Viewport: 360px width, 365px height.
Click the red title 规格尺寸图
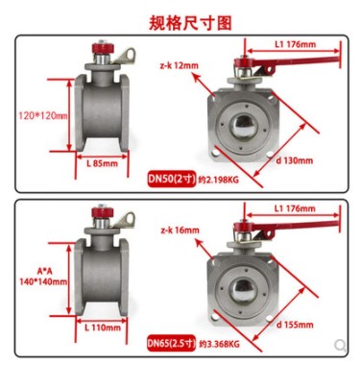coord(190,23)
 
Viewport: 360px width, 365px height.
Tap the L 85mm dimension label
coord(102,163)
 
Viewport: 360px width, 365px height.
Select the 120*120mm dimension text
coord(43,115)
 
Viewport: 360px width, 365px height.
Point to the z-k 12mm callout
coord(180,65)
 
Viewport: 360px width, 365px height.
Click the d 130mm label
coord(295,160)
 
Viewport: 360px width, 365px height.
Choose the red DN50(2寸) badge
coord(171,179)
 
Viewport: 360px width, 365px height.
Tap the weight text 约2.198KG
coord(219,180)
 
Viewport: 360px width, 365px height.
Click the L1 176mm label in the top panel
coord(295,44)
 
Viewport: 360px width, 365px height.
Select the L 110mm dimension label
coord(103,328)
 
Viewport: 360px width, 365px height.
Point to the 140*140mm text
coord(43,281)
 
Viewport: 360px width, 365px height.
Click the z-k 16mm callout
coord(180,230)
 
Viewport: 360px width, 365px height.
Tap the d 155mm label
coord(295,325)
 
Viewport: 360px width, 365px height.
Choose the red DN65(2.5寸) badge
coord(171,343)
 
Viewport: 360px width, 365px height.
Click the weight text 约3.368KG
coord(219,345)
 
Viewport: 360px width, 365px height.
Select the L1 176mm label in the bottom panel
coord(295,208)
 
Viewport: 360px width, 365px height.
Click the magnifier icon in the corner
coord(341,346)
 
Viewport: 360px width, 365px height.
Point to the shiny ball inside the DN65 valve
coord(244,289)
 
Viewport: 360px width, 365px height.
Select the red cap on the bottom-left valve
coord(101,212)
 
